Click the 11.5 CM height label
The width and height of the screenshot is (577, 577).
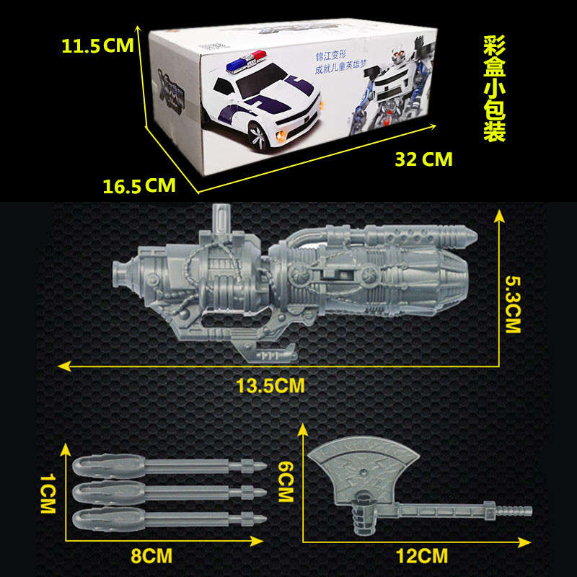[97, 47]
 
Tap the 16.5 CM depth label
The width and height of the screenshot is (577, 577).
[139, 186]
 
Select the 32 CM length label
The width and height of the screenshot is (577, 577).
[423, 159]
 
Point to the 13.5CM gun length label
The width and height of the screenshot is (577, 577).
[270, 386]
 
